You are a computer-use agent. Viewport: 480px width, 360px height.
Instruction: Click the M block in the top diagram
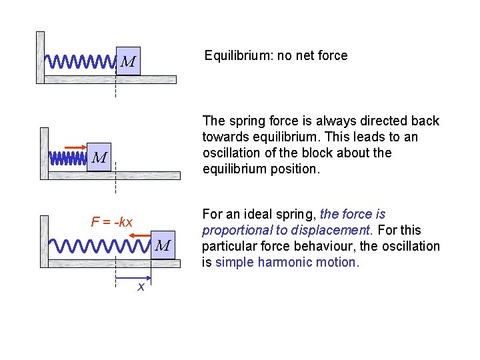[128, 62]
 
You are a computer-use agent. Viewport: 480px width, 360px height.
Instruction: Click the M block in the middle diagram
[99, 157]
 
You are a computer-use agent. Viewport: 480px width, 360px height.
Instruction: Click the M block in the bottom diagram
[163, 245]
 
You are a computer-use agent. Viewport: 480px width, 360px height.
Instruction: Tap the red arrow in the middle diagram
[74, 147]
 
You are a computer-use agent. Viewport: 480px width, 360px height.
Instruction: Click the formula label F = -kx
[111, 221]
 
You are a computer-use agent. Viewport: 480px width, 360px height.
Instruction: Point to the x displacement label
[141, 287]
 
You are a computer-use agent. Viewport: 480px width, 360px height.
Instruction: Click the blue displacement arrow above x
[133, 278]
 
